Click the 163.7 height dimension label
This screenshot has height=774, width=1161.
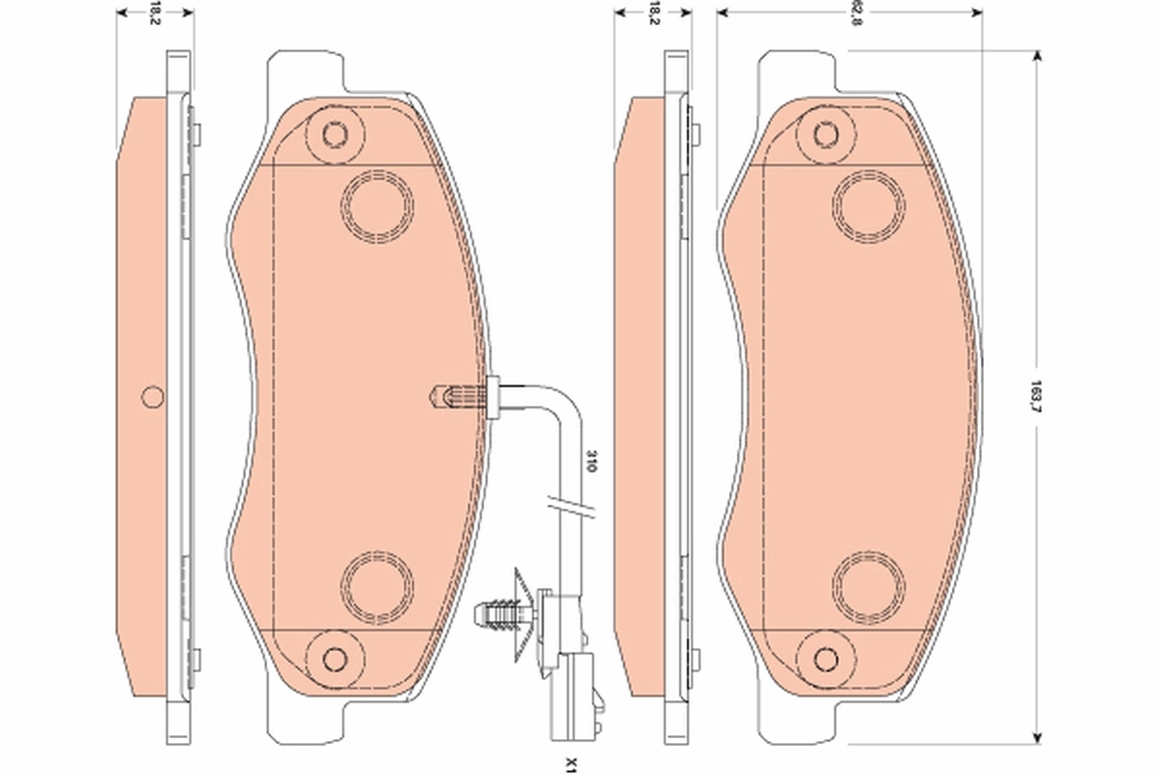[1036, 395]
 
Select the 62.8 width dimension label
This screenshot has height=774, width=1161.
[854, 15]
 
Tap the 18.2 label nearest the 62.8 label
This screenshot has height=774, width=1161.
[654, 14]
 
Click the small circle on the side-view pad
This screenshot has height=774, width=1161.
[152, 396]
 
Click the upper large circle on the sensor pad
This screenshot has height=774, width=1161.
[378, 205]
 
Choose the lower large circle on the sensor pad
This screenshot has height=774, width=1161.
[378, 586]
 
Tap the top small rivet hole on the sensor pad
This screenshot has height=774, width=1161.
[335, 133]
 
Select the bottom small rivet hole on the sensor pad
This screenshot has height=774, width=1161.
[335, 658]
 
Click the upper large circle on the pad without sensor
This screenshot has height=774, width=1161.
[869, 205]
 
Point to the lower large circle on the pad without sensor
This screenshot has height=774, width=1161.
[869, 586]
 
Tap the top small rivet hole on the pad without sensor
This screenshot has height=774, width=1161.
[825, 133]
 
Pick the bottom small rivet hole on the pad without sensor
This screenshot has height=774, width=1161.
[825, 658]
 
